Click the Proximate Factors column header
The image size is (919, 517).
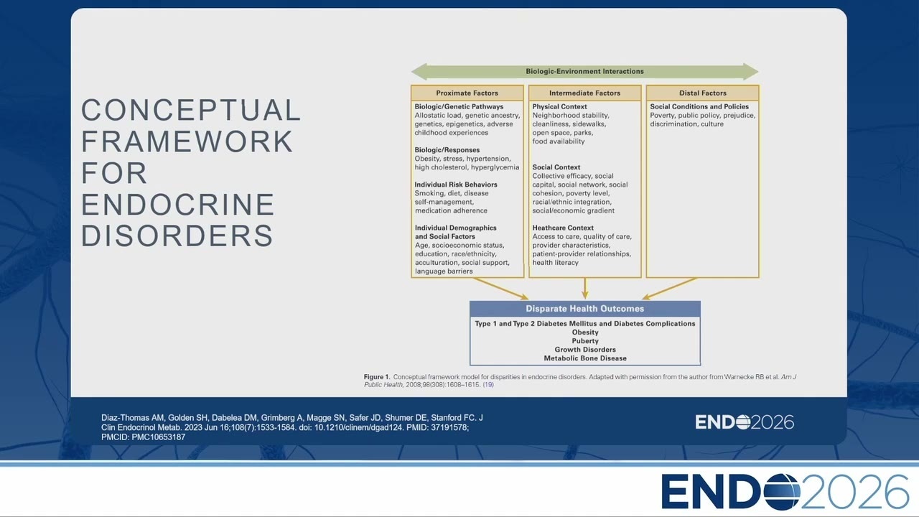tap(467, 93)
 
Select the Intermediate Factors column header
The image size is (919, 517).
tap(584, 93)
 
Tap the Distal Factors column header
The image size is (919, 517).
tap(702, 93)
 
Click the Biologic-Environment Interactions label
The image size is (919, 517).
tap(584, 71)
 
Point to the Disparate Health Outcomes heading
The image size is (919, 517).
tap(584, 309)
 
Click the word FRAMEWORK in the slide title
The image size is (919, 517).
tap(187, 141)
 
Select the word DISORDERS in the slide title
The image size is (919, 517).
tap(177, 236)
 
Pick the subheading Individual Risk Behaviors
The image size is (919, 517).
tap(456, 185)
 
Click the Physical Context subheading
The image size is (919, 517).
tap(559, 107)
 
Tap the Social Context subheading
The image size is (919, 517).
tap(556, 167)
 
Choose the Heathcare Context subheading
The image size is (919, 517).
tap(563, 228)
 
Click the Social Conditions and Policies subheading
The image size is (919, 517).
tap(699, 107)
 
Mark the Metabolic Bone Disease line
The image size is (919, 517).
tap(585, 358)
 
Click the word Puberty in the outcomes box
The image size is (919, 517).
tap(585, 341)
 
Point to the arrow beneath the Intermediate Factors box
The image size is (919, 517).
tap(585, 289)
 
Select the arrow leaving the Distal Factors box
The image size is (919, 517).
tap(670, 289)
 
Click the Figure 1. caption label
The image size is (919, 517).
tap(377, 377)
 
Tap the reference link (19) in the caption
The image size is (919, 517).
tap(488, 385)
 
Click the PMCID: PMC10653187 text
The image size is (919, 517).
tap(143, 437)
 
